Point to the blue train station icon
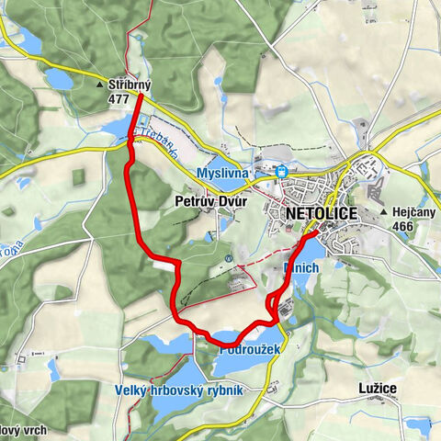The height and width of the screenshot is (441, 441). (282, 171)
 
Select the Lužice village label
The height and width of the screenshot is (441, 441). (378, 389)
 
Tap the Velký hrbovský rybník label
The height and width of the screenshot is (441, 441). (179, 390)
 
